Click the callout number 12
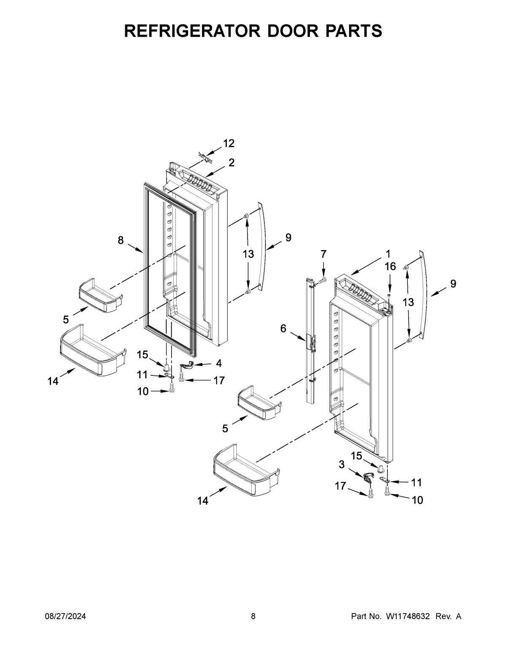229,143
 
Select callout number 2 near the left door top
231,163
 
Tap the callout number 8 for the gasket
121,240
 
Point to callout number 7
323,254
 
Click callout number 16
390,266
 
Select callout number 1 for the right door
387,254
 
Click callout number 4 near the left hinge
218,363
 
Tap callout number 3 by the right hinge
341,464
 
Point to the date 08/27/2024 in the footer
65,617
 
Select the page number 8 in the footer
253,617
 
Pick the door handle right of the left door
262,246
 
